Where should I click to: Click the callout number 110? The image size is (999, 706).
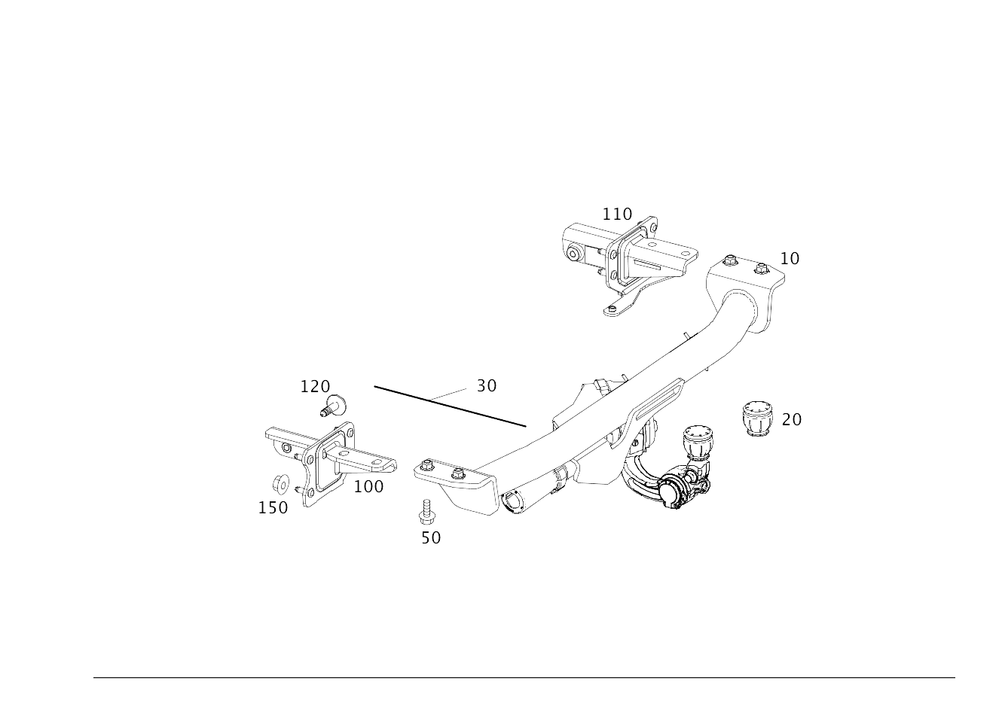(617, 215)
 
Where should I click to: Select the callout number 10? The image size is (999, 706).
(790, 259)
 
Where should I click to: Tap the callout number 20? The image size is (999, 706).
(792, 420)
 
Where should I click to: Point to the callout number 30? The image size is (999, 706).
(487, 385)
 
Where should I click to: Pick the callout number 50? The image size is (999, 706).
(431, 538)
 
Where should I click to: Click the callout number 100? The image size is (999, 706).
(369, 487)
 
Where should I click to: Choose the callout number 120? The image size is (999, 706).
(316, 387)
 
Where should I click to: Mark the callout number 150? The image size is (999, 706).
(273, 508)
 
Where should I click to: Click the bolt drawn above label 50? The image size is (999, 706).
(427, 513)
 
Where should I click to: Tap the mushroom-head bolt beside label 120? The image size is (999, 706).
(334, 406)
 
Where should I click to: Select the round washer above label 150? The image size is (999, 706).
(280, 485)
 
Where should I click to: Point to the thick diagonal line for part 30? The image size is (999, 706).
(450, 406)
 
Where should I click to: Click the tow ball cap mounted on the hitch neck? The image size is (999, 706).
(698, 442)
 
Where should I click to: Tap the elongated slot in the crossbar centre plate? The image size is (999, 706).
(658, 401)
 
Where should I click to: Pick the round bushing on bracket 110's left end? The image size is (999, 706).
(573, 254)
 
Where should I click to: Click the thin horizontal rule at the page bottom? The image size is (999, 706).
(524, 678)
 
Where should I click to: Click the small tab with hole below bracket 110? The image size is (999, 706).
(616, 310)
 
